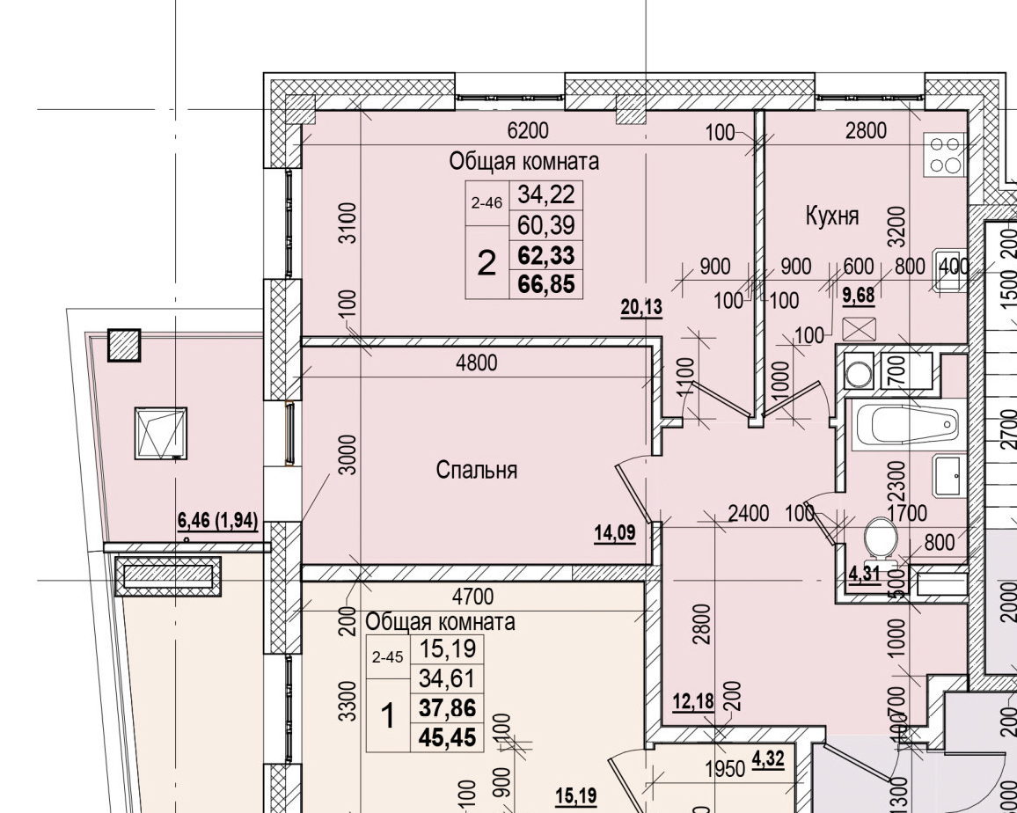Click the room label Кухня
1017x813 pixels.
coord(831,216)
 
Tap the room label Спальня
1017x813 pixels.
coord(477,471)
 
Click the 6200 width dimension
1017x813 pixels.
coord(528,131)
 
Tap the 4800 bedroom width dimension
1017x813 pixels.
coord(477,362)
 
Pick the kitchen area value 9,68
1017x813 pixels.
coord(859,295)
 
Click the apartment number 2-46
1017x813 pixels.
coord(487,202)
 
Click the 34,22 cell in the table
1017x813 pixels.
coord(545,193)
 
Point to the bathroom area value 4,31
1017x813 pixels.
coord(864,576)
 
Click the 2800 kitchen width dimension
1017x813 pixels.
coord(866,131)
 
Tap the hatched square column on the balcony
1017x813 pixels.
coord(124,345)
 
